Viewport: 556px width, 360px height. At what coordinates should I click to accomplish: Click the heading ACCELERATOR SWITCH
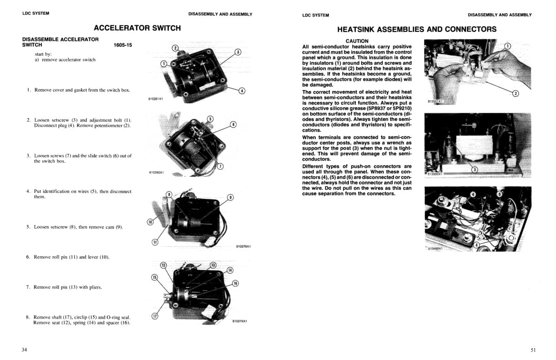pyautogui.click(x=137, y=28)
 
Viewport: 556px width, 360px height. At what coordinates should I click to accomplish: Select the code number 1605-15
pyautogui.click(x=123, y=45)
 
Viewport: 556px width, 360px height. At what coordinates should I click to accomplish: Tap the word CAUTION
pyautogui.click(x=357, y=41)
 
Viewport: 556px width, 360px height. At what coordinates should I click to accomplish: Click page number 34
pyautogui.click(x=25, y=350)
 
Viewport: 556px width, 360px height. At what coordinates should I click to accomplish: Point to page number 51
pyautogui.click(x=533, y=350)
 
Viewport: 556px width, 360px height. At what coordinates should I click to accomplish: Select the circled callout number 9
pyautogui.click(x=230, y=197)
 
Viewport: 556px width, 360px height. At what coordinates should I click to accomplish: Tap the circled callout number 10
pyautogui.click(x=150, y=222)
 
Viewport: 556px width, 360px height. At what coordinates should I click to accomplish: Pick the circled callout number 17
pyautogui.click(x=154, y=317)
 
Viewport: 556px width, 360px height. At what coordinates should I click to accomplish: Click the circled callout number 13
pyautogui.click(x=213, y=265)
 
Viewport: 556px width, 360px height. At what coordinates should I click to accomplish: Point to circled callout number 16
pyautogui.click(x=235, y=283)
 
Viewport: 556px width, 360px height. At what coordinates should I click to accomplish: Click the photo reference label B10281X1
pyautogui.click(x=155, y=99)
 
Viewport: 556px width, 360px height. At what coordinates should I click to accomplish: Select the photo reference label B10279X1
pyautogui.click(x=243, y=246)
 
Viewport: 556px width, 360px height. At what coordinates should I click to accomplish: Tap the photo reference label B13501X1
pyautogui.click(x=435, y=102)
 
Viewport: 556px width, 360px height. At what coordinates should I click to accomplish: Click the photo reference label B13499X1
pyautogui.click(x=435, y=248)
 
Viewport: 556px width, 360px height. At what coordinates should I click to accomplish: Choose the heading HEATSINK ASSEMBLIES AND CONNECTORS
pyautogui.click(x=417, y=30)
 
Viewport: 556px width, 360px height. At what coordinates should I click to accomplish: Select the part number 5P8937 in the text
pyautogui.click(x=380, y=108)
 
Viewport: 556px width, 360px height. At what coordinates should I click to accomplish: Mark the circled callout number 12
pyautogui.click(x=164, y=265)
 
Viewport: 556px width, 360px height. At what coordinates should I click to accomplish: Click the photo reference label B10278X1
pyautogui.click(x=239, y=321)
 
